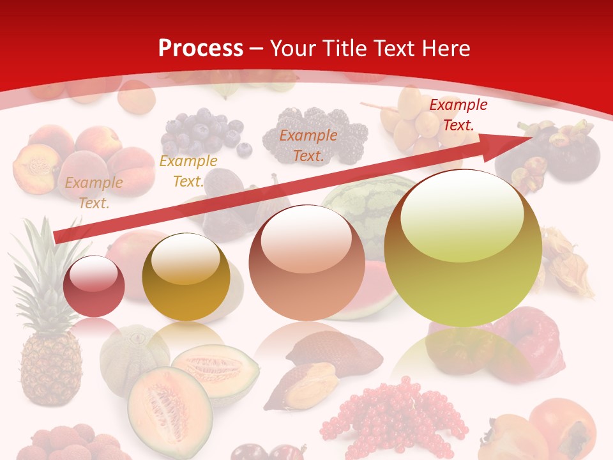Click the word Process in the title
click(x=201, y=49)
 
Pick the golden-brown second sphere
click(x=186, y=277)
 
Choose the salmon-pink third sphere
click(x=307, y=263)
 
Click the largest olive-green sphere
click(x=463, y=248)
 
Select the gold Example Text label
click(x=188, y=171)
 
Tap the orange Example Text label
click(x=308, y=145)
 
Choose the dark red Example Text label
click(x=458, y=115)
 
